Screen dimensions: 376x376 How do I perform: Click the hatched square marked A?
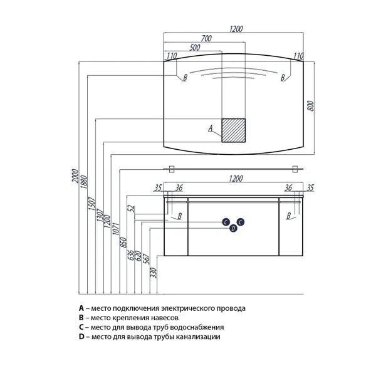(x=233, y=130)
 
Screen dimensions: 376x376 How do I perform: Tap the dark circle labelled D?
(x=233, y=228)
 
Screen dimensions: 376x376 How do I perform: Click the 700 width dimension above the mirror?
(x=206, y=38)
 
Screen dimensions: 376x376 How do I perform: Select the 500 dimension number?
(x=195, y=48)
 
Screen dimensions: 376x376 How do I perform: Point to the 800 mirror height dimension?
(x=310, y=106)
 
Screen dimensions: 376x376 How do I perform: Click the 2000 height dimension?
(x=75, y=175)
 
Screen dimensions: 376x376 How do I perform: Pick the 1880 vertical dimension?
(x=84, y=182)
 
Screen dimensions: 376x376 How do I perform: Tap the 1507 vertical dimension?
(x=92, y=204)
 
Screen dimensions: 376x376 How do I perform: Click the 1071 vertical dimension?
(x=115, y=229)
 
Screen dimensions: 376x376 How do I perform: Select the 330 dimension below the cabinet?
(x=154, y=273)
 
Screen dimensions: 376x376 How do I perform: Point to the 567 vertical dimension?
(x=146, y=259)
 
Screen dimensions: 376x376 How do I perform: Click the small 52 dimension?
(x=131, y=209)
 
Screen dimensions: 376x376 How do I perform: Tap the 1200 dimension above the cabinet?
(x=236, y=179)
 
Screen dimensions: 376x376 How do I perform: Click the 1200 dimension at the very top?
(x=236, y=29)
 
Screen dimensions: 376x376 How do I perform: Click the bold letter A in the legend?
(x=81, y=308)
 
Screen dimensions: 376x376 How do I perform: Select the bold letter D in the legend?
(x=81, y=337)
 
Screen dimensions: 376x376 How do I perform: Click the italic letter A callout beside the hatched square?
(x=211, y=128)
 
